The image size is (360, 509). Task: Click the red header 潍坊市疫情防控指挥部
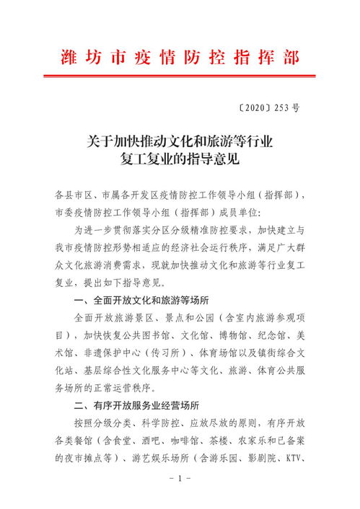pyautogui.click(x=180, y=57)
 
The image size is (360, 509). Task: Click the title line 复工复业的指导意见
pyautogui.click(x=180, y=158)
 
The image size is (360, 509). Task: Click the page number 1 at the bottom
pyautogui.click(x=180, y=479)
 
